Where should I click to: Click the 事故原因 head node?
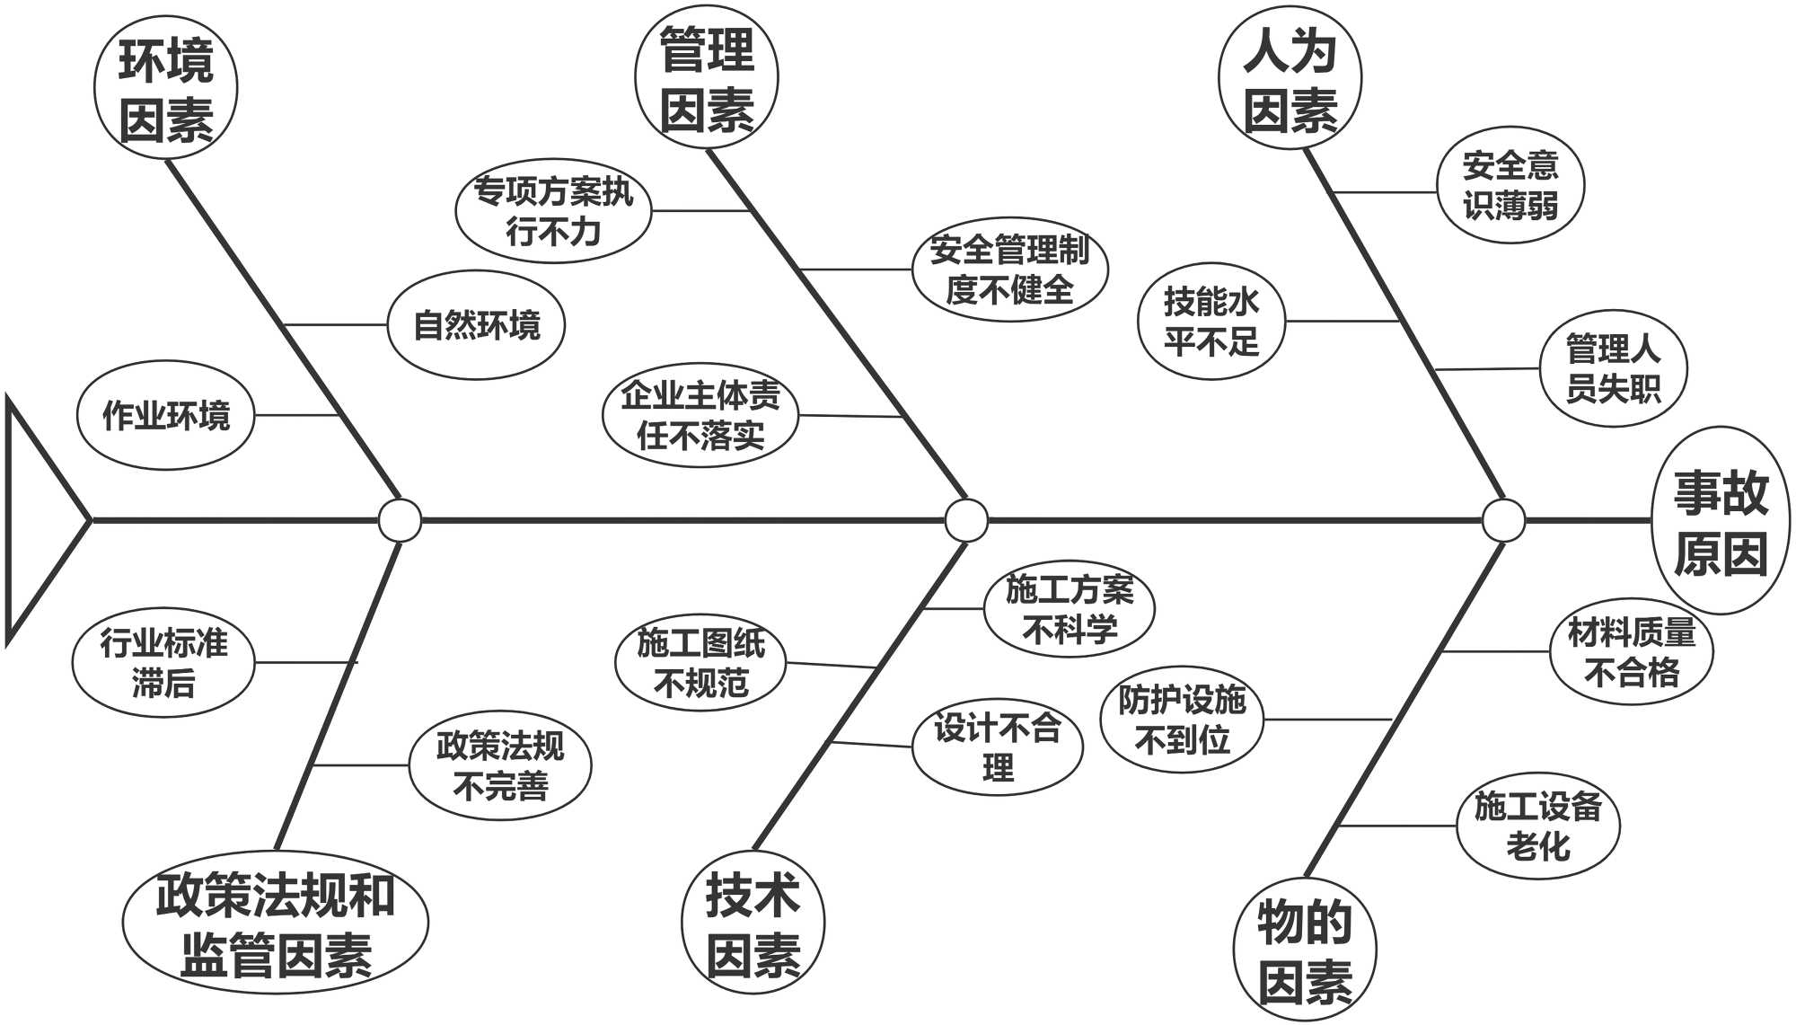tap(1721, 521)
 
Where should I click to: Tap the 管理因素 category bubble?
tap(707, 79)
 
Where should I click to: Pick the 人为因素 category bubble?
tap(1290, 79)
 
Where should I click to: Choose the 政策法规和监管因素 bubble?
tap(276, 923)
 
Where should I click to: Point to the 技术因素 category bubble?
tap(753, 923)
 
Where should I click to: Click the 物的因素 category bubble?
tap(1305, 950)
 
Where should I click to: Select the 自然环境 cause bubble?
tap(477, 325)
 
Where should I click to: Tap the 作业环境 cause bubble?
tap(166, 416)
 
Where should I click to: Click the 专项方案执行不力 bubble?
tap(554, 212)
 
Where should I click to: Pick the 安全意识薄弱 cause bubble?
tap(1510, 186)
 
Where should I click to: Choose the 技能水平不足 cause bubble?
tap(1211, 322)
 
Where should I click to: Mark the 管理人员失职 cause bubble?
tap(1614, 368)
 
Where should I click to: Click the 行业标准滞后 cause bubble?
tap(163, 664)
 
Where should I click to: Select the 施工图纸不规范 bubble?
tap(700, 664)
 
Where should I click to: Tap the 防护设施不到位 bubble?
tap(1182, 720)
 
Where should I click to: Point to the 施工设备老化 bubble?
tap(1538, 826)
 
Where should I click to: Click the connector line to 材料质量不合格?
tap(1495, 651)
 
